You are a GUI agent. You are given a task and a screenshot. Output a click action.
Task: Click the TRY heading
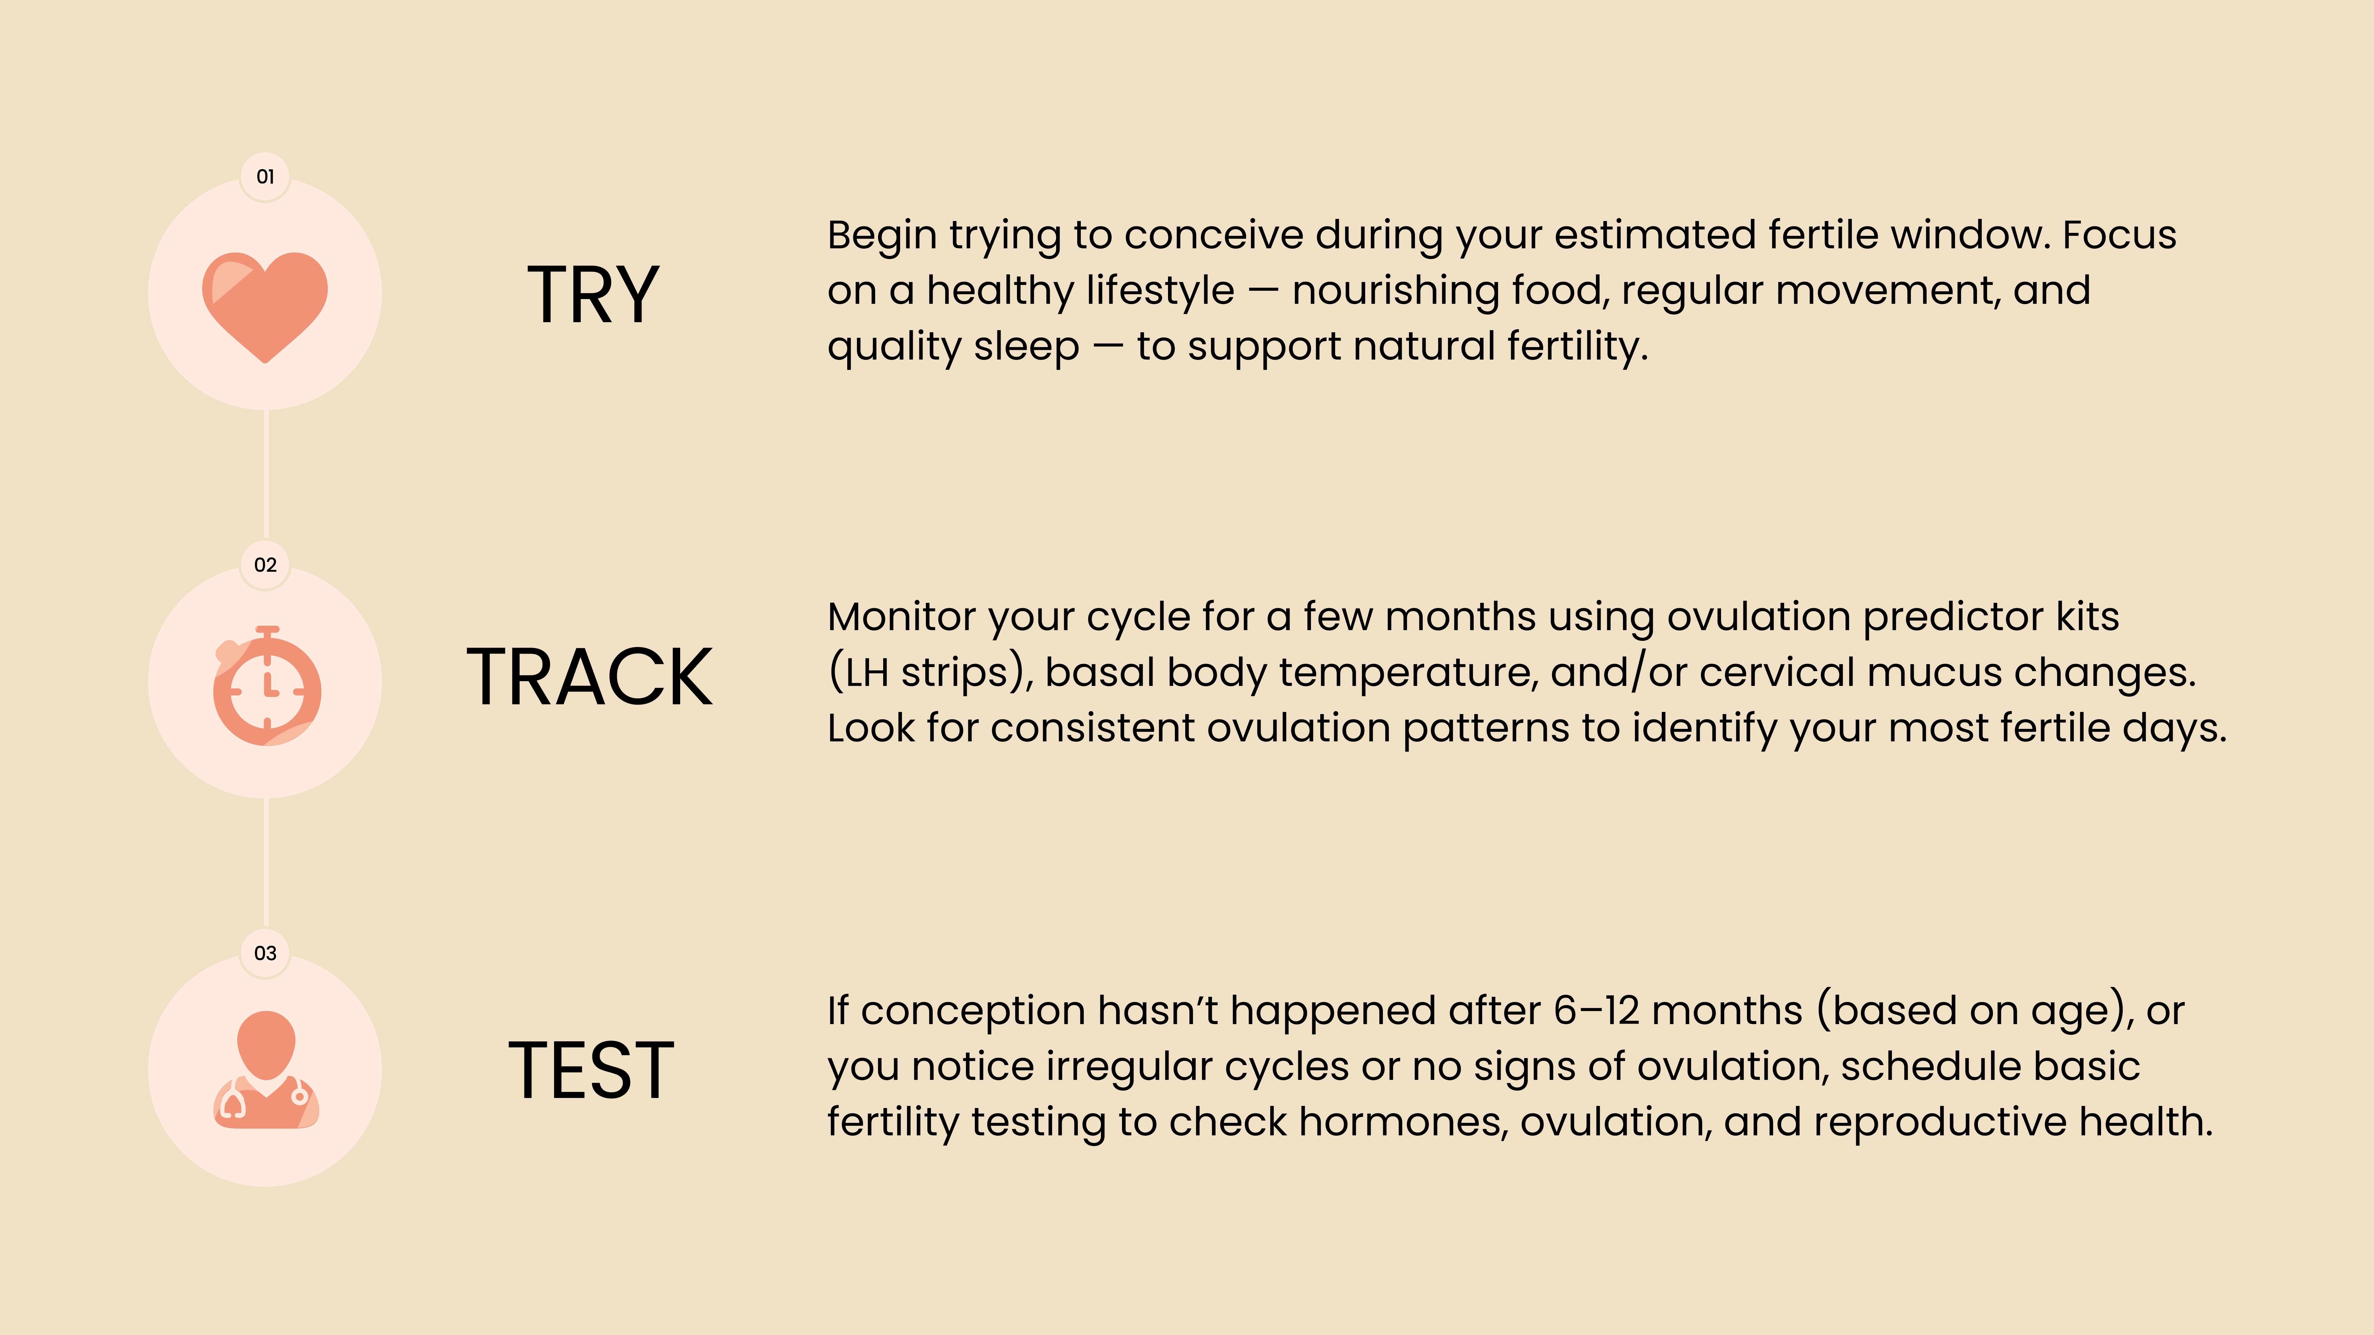click(x=593, y=295)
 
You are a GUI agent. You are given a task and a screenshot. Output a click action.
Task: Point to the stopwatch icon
click(x=267, y=686)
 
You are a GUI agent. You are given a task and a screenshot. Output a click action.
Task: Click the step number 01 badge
click(x=265, y=177)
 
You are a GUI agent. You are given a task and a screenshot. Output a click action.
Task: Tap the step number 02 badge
click(x=265, y=565)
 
